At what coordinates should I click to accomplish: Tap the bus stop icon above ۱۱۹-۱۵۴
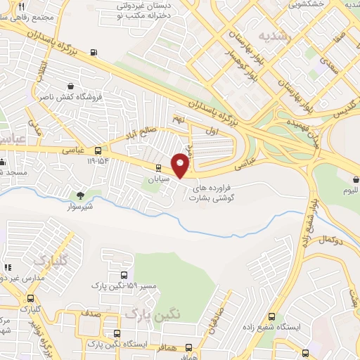coord(97,150)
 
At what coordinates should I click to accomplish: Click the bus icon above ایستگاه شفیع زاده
coord(271,316)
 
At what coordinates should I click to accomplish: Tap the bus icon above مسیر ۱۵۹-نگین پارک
coord(124,276)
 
